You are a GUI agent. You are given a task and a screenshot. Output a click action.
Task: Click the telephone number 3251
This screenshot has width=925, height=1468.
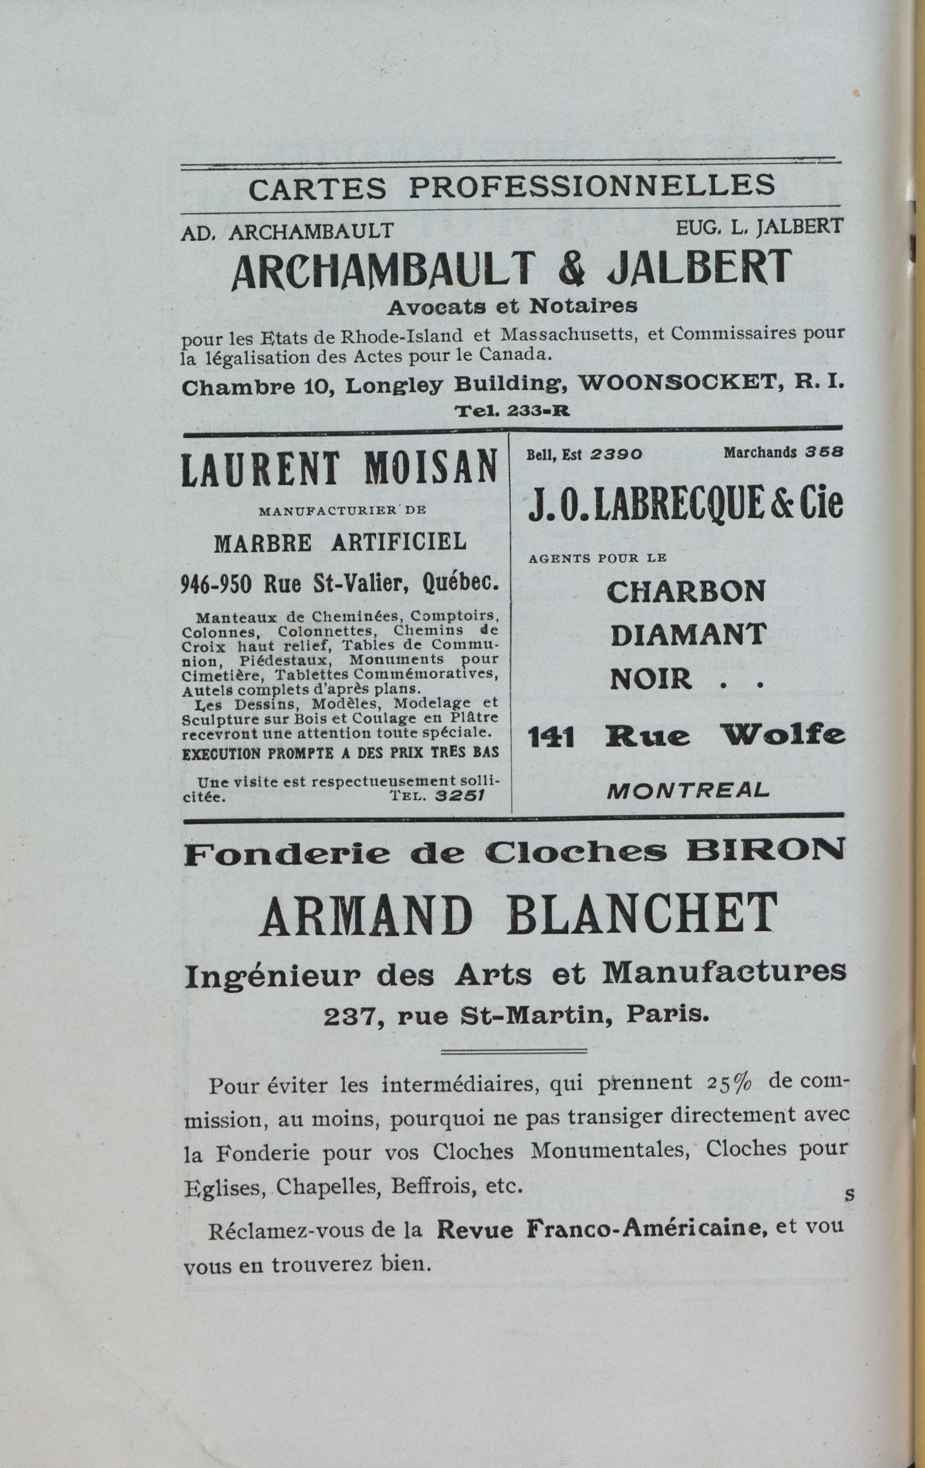tap(460, 796)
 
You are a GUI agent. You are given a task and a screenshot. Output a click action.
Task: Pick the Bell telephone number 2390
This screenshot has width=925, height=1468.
tap(616, 454)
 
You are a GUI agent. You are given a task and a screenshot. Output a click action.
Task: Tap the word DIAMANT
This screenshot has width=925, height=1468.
tap(687, 635)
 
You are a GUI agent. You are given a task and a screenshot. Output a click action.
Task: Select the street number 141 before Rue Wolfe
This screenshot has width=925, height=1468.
tap(551, 738)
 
